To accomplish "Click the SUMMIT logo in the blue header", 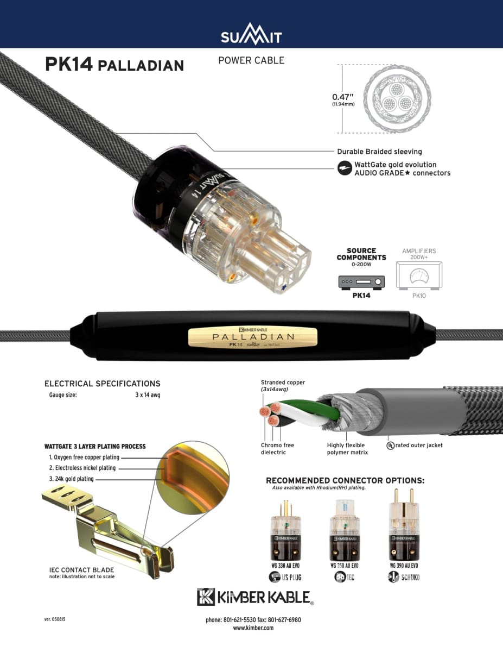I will (x=251, y=36).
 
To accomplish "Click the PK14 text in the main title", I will (x=67, y=64).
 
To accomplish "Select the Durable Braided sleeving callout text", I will (x=379, y=152).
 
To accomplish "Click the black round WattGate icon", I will (x=344, y=168).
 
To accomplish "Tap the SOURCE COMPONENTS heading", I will (x=361, y=254).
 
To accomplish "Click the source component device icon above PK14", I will (x=361, y=282).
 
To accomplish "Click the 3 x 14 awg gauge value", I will (x=148, y=395).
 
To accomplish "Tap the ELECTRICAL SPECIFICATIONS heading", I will (x=102, y=384).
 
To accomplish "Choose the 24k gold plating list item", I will (x=71, y=479).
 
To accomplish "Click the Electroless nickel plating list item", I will (x=82, y=468).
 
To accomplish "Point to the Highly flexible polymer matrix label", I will (x=347, y=449).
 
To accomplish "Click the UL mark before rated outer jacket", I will (x=390, y=445).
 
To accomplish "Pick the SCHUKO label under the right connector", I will (x=411, y=578).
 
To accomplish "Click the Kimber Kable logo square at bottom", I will (x=206, y=597).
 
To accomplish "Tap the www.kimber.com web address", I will (x=253, y=628).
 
